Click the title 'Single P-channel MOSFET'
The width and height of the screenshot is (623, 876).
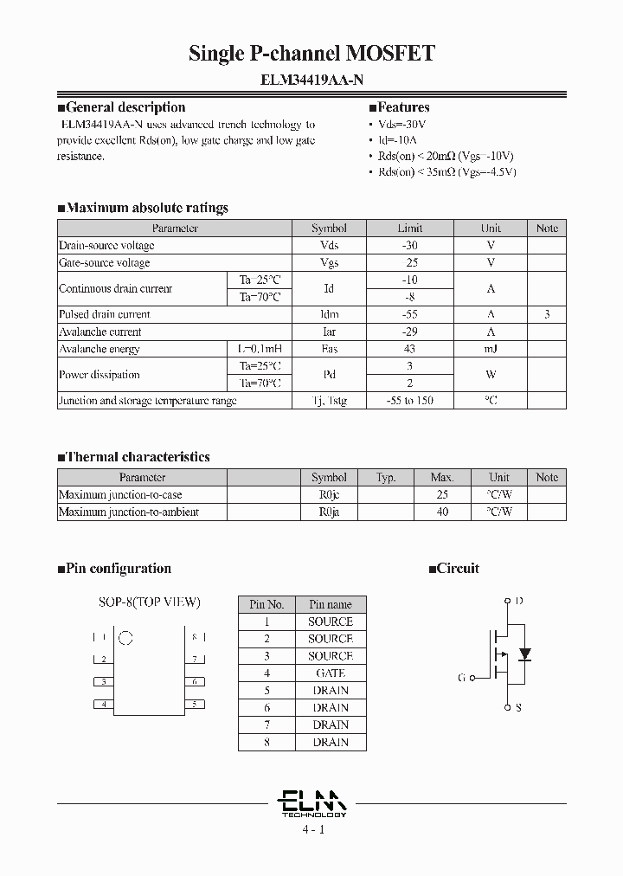coord(311,54)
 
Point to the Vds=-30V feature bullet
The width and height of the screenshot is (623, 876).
coord(403,124)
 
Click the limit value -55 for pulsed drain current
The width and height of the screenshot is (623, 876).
coord(409,314)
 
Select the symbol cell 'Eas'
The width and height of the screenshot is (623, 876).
coord(329,349)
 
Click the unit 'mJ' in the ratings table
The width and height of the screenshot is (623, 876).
coord(491,349)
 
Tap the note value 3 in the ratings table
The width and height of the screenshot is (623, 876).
coord(546,314)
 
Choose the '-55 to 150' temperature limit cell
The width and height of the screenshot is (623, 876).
coord(409,401)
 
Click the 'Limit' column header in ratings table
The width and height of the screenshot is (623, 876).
coord(409,229)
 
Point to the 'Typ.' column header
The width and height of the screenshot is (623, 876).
coord(386,477)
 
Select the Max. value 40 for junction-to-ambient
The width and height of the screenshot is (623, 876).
coord(442,512)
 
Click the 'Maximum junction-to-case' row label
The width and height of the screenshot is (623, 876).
coord(120,494)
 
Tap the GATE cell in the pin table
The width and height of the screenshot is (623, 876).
coord(330,673)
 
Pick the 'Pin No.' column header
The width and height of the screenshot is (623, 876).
coord(267,604)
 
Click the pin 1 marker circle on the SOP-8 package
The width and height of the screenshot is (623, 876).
coord(125,639)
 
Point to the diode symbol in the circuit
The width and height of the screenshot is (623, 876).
coord(523,652)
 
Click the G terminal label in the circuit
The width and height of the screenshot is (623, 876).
coord(462,678)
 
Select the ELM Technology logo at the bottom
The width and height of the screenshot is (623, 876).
coord(312,802)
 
